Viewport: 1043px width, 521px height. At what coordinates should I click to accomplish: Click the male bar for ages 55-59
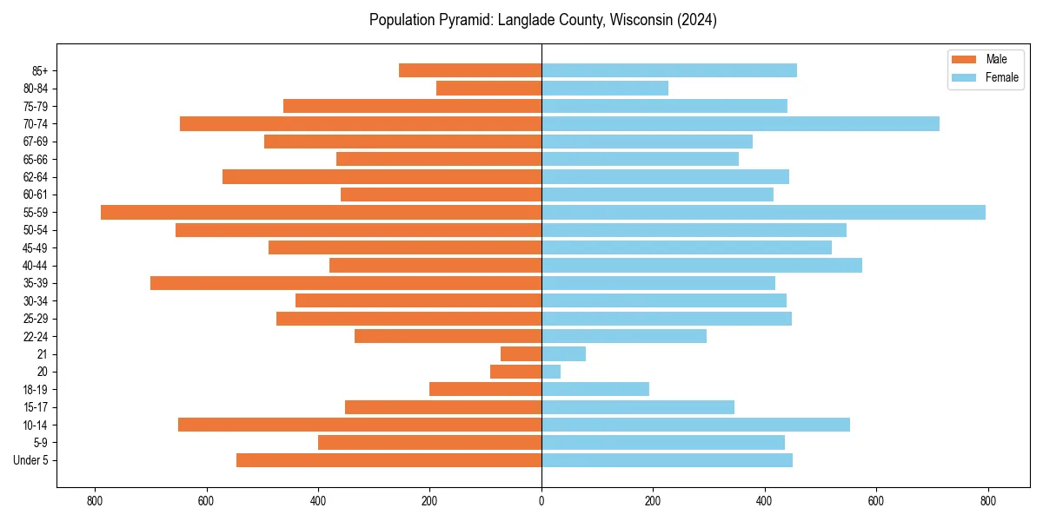point(322,213)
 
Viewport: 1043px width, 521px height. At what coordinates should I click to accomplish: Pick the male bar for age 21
point(521,354)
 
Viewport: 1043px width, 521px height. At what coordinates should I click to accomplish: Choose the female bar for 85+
point(669,70)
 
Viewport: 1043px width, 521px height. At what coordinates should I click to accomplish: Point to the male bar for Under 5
point(389,460)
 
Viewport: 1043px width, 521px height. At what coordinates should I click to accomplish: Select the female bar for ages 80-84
point(605,89)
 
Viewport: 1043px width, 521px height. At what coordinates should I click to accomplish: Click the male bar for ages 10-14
point(360,425)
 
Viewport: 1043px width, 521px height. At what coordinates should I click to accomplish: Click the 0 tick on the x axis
point(541,501)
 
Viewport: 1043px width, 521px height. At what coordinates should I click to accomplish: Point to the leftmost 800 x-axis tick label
point(95,501)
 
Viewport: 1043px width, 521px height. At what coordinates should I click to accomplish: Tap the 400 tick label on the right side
point(764,501)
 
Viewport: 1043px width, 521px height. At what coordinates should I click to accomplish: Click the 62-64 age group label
point(35,177)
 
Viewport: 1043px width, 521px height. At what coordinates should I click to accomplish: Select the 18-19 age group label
point(35,390)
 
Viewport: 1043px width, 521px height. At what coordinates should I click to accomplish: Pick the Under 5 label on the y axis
point(30,460)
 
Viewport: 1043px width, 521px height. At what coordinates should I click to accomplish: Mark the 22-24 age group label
point(35,336)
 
